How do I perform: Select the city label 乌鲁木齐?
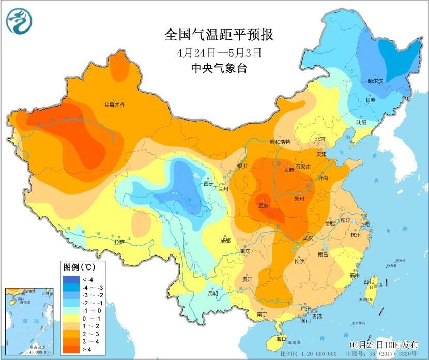tap(115, 104)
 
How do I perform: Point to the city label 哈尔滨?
tap(375, 81)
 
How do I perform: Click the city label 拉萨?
tap(119, 242)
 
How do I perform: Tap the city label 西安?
tap(263, 205)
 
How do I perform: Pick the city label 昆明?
tap(213, 293)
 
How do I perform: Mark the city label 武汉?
tap(309, 237)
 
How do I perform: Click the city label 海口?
tap(281, 338)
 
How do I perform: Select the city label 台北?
tap(368, 282)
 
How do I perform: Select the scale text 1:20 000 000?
tap(316, 353)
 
